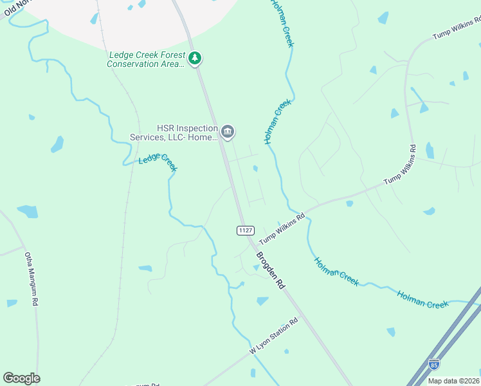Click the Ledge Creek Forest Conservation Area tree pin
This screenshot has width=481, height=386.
coord(195,59)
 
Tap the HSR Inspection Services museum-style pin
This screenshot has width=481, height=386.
coord(228,132)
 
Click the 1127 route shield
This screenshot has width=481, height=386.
coord(245,230)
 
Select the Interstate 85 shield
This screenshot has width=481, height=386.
coord(435,365)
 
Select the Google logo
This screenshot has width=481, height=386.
coord(21,378)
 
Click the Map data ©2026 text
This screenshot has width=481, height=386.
coord(453,381)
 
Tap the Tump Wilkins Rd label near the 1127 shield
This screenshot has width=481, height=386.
coord(282,229)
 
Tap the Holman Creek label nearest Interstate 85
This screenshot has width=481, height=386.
coord(422,299)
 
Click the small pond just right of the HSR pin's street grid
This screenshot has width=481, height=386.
coord(256,169)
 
